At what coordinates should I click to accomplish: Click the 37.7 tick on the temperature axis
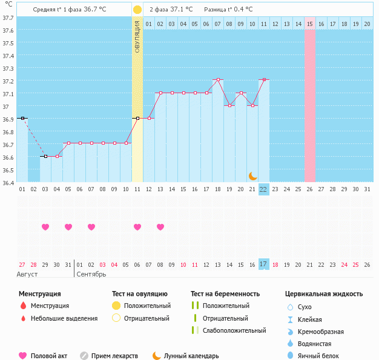8,18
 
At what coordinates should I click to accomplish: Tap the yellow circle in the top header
137,10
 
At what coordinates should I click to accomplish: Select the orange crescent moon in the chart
252,176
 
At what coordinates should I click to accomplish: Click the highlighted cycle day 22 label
263,189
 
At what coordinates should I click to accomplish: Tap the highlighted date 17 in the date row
263,264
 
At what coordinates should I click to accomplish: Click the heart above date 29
45,227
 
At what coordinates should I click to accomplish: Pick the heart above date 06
137,227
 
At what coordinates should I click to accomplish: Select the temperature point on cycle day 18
218,79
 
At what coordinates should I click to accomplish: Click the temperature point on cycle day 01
22,119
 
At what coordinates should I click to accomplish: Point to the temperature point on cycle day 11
137,119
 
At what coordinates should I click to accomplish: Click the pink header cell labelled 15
310,24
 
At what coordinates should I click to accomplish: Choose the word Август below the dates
27,274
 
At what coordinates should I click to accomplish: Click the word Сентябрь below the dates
91,274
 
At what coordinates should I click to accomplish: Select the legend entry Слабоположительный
234,330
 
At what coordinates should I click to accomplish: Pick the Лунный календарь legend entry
191,356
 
